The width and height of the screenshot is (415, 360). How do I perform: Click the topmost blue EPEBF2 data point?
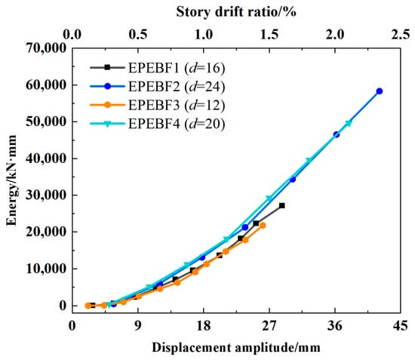tap(380, 91)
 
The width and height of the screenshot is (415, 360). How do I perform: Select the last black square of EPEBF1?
tap(282, 205)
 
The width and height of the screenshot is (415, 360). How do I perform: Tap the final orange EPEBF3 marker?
tap(263, 225)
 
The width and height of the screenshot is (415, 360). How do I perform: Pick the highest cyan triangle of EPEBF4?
tap(349, 123)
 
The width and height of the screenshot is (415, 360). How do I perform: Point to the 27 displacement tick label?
tap(269, 325)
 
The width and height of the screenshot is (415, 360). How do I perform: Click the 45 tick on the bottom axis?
tap(400, 325)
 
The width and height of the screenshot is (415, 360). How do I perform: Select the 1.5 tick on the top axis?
tap(269, 35)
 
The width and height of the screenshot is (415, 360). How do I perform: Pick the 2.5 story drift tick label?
tap(401, 35)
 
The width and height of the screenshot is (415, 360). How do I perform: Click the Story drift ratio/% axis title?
tap(236, 12)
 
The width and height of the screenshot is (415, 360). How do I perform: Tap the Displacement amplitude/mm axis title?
tap(236, 348)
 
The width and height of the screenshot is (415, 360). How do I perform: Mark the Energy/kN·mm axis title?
tap(11, 180)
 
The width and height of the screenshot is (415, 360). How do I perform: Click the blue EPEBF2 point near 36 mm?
tap(336, 134)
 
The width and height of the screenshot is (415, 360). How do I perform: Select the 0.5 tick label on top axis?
tap(138, 35)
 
